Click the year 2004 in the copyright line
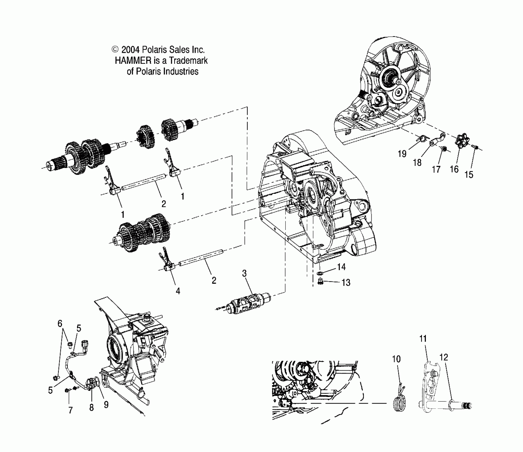click(x=130, y=50)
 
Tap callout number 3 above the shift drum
click(x=244, y=273)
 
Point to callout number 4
click(x=178, y=291)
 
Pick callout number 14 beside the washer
click(x=341, y=267)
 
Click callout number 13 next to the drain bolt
click(x=346, y=283)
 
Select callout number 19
click(x=402, y=153)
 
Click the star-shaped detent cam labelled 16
click(x=462, y=140)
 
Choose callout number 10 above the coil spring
click(x=396, y=359)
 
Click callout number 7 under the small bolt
click(x=70, y=410)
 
